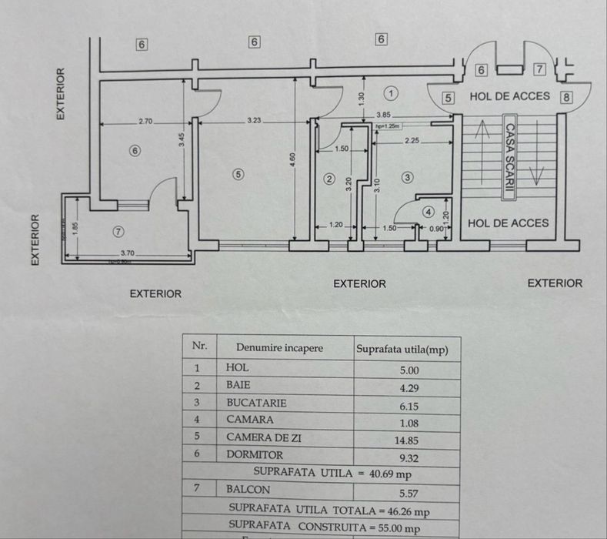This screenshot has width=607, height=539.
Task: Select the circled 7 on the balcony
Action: (118, 231)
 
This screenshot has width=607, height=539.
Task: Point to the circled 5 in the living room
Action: (238, 174)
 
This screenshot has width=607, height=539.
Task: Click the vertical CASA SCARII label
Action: (509, 158)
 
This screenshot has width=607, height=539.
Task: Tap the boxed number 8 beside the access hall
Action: (567, 98)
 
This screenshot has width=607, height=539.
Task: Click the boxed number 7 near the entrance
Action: (539, 70)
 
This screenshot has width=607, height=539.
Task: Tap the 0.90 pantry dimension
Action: (436, 228)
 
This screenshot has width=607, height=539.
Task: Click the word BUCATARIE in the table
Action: (256, 403)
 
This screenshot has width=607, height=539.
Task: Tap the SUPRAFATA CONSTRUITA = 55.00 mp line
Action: (324, 528)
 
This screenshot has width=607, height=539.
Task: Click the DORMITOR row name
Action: (255, 455)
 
